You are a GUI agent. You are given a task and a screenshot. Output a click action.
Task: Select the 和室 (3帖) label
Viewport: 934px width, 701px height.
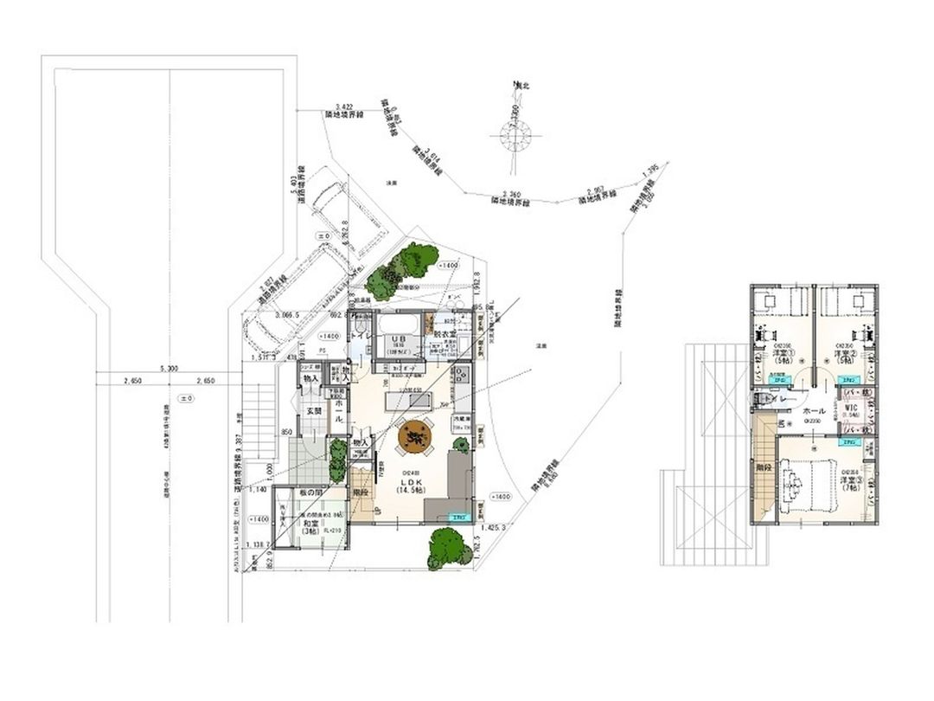tap(310, 528)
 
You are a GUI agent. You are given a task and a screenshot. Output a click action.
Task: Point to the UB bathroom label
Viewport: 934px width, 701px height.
tap(400, 339)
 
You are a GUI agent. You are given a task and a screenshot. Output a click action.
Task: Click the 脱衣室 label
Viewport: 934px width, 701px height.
tap(445, 334)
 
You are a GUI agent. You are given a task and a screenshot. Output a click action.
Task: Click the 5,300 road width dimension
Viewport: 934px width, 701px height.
tap(170, 370)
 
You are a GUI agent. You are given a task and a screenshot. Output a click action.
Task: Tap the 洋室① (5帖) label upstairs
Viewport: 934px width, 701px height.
tap(784, 357)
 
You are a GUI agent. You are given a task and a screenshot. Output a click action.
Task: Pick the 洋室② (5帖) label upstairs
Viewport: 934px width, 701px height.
tap(845, 357)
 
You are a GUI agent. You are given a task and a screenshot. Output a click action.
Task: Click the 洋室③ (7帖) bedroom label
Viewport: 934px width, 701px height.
tap(848, 483)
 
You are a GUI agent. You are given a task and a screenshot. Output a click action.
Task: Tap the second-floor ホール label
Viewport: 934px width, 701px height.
tap(814, 412)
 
